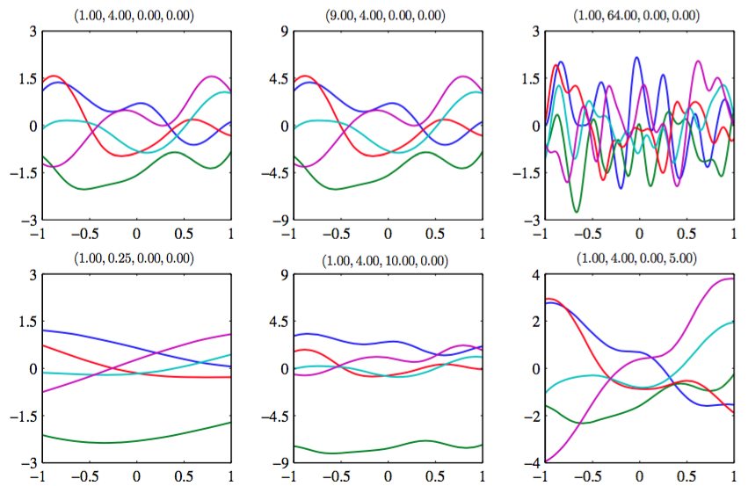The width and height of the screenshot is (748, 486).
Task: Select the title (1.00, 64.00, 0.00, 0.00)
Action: (x=640, y=15)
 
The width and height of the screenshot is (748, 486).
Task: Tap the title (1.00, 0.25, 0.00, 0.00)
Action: (x=136, y=259)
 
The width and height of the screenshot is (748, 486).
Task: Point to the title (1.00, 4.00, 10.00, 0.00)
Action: (x=388, y=260)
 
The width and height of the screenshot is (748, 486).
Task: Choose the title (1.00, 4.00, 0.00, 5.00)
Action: (x=640, y=259)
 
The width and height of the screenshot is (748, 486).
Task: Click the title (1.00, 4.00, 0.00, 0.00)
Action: (x=136, y=15)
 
